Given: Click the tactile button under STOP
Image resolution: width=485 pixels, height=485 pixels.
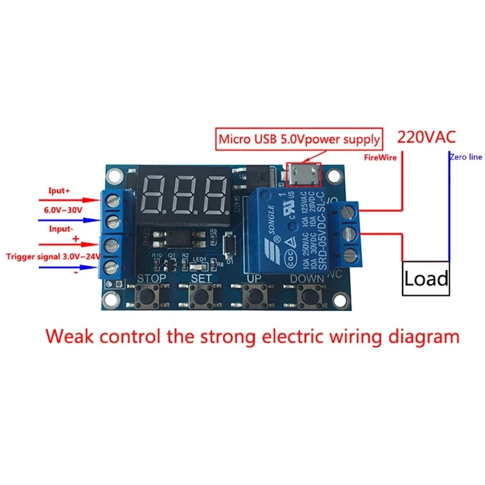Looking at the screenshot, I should point(149,297).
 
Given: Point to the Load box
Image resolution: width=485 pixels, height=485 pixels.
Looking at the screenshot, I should point(426,278).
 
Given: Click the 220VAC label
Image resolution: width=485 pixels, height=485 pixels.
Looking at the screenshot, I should point(425,136).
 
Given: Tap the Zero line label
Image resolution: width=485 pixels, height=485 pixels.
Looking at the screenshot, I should point(466,157).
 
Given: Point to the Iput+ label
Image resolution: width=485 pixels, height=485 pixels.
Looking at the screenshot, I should point(59,190).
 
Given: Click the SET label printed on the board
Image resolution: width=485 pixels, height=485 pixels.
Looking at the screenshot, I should point(201,278).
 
